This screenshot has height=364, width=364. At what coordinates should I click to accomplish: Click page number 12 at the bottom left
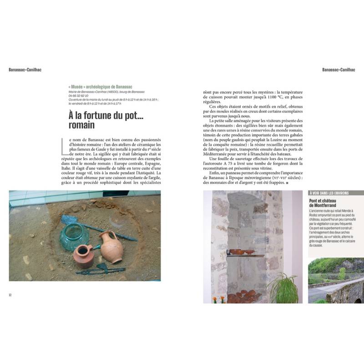coord(10,294)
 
